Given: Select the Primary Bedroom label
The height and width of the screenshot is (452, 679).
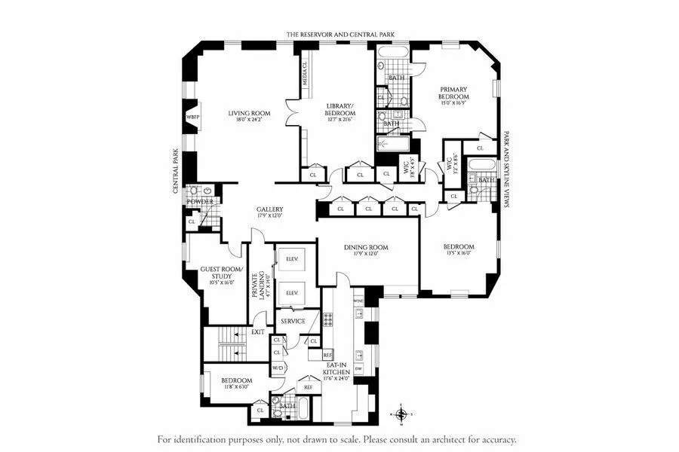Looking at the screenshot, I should coord(454,93).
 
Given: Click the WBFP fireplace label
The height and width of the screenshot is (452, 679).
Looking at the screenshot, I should coord(193,118).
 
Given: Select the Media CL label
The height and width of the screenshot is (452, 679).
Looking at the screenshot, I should coord(306,74).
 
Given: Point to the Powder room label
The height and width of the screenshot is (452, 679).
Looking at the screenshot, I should coord(200,201).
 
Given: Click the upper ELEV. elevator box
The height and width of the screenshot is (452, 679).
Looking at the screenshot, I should coord(292,259).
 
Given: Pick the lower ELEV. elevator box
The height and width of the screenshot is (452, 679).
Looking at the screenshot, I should coord(292,292).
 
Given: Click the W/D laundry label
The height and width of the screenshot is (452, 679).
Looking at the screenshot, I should coord(277,368).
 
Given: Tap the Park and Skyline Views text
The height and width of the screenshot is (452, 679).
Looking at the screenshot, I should coord(505,169).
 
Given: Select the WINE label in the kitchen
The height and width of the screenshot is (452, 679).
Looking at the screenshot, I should coord(358,301).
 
